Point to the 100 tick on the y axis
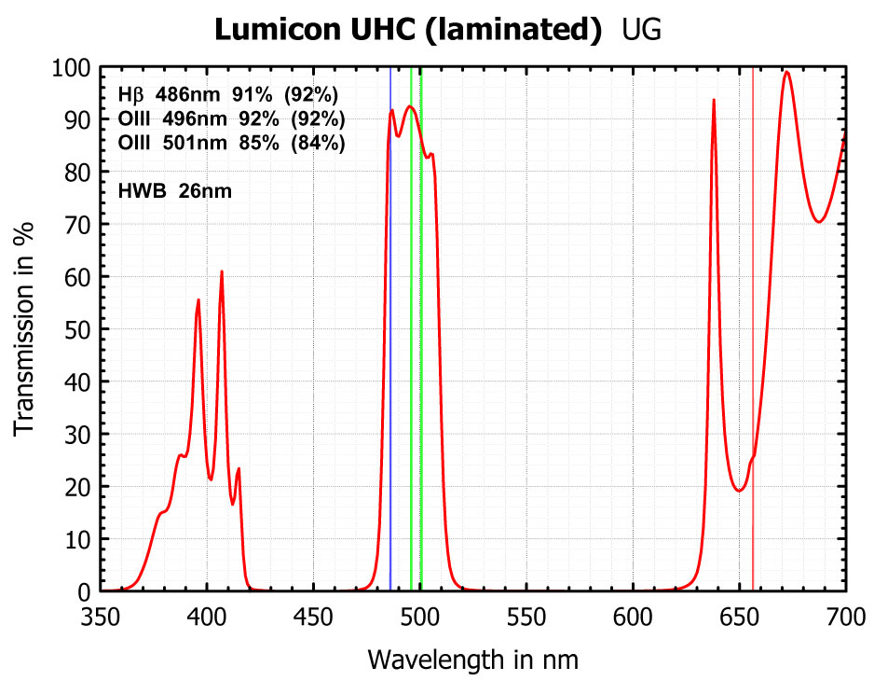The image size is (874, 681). click(x=72, y=68)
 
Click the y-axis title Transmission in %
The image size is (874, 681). click(x=26, y=329)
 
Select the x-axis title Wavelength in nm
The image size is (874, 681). click(x=472, y=660)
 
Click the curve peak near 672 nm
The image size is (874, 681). click(x=787, y=73)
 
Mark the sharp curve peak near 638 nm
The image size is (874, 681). click(x=714, y=100)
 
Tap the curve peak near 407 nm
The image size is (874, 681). click(x=222, y=271)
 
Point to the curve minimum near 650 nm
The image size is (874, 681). click(x=739, y=491)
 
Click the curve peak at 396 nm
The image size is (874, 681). click(x=198, y=299)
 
